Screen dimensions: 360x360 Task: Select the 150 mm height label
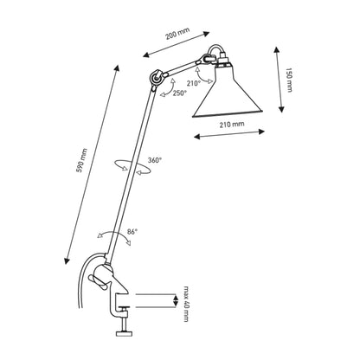coord(297,80)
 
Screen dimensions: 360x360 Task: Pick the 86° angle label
coord(132,232)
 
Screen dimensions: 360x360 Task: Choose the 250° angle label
coord(179,93)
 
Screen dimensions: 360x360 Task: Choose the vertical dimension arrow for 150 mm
coord(281,80)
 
